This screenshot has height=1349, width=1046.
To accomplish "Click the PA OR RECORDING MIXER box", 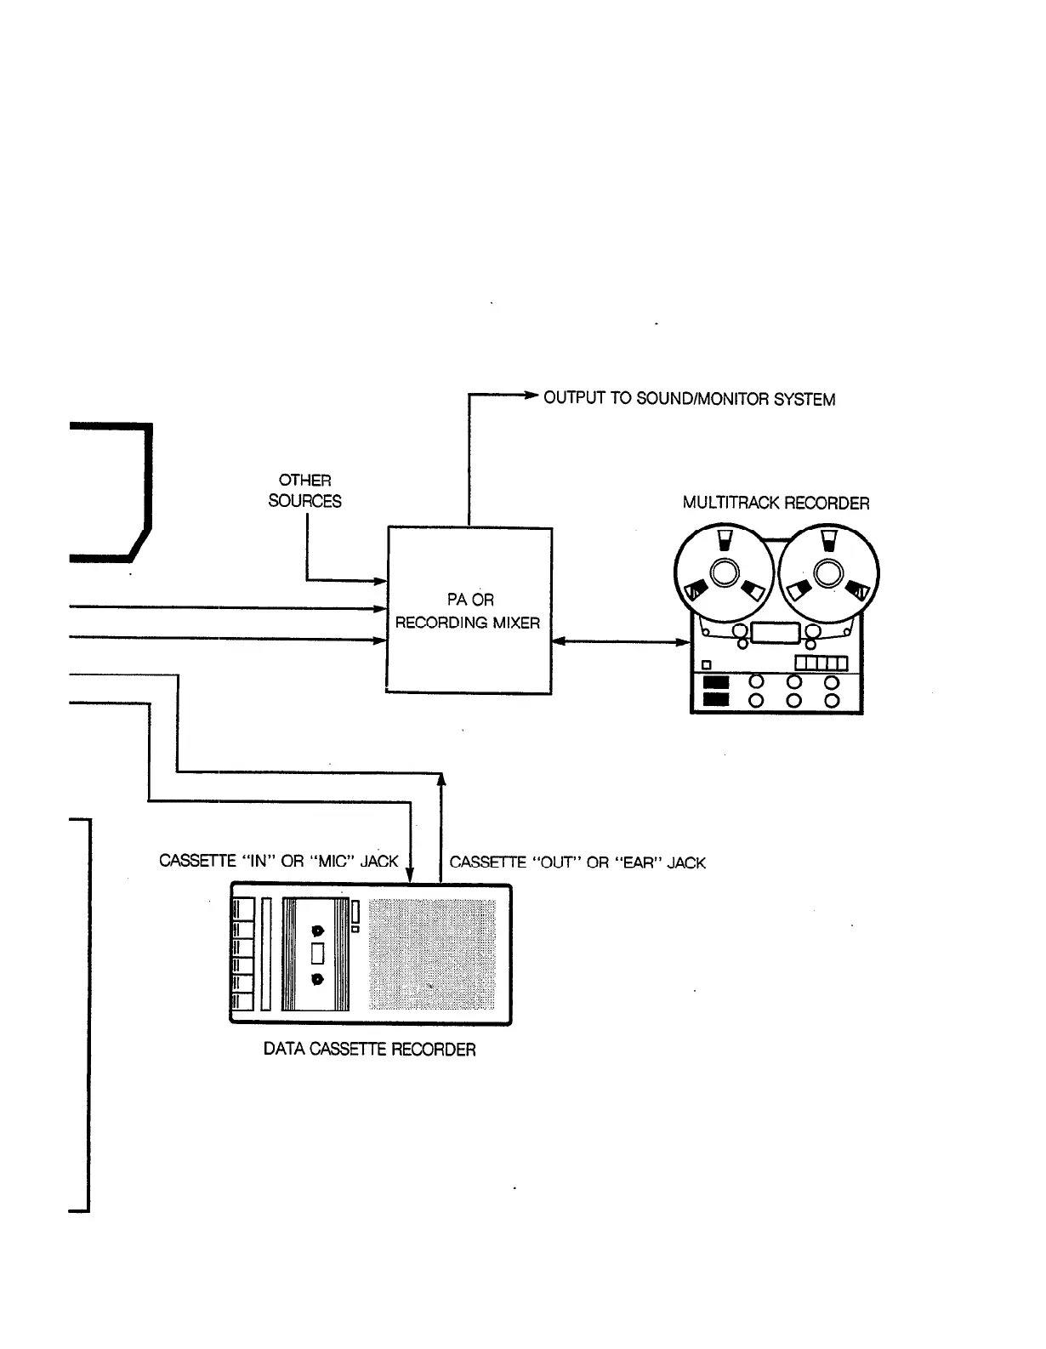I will pos(469,611).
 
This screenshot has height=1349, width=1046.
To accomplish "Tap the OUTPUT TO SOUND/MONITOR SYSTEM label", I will pos(689,398).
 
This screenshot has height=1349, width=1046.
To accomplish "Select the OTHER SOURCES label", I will pos(304,491).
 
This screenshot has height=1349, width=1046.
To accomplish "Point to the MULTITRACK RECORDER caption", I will pos(776,503).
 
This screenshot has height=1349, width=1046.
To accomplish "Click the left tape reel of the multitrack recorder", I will pos(724,573).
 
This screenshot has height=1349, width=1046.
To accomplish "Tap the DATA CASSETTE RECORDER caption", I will pos(369,1049).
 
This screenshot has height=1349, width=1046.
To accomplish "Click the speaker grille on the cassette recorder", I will pos(433,954).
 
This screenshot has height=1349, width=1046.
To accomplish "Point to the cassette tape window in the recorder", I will pos(318,954).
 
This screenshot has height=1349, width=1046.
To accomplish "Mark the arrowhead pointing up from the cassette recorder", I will pos(441,778).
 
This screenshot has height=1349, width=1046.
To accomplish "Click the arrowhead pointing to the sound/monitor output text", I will pos(530,396).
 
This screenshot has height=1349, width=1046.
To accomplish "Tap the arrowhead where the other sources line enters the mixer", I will pos(380,582).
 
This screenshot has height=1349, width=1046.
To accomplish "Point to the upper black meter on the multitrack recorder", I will pos(717,682).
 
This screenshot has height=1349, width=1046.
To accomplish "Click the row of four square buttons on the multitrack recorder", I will pos(821,663).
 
